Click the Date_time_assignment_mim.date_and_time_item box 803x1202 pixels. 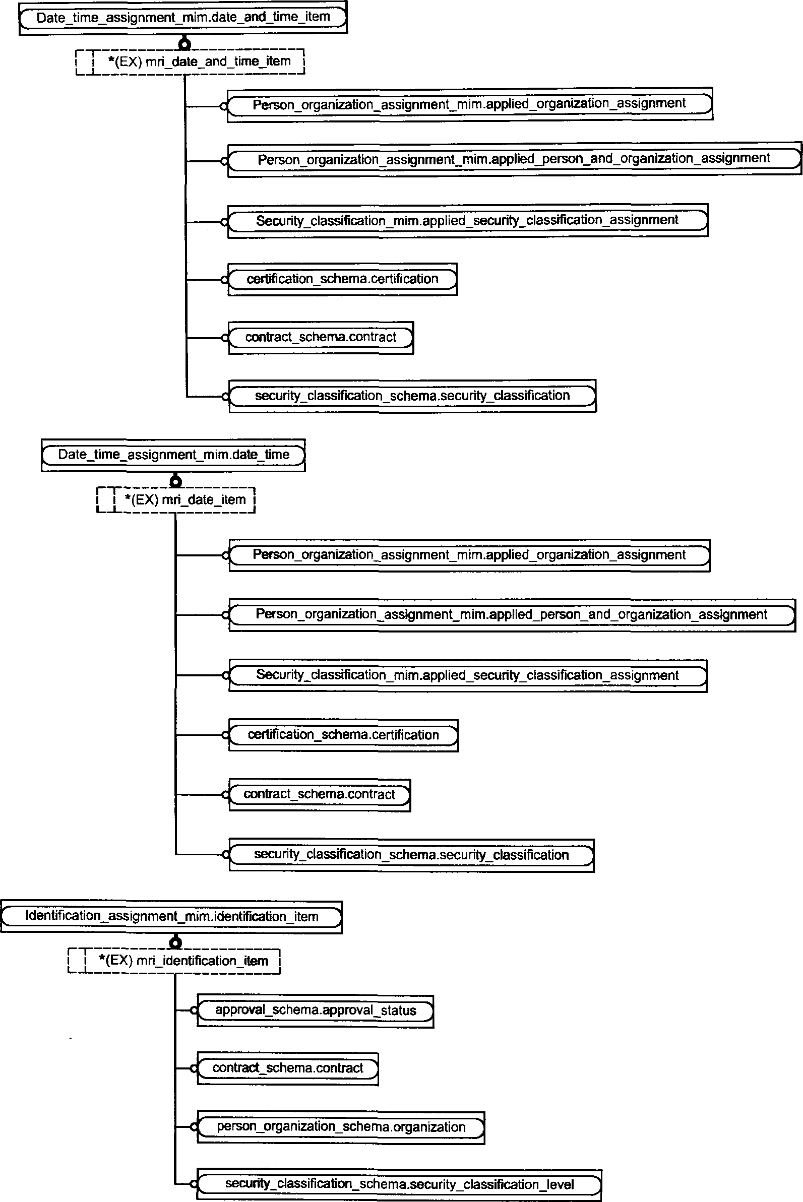(183, 18)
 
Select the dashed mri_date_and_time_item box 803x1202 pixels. (190, 62)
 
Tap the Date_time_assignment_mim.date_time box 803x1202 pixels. (173, 455)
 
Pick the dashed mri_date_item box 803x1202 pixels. (175, 499)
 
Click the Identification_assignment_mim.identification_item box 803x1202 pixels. (171, 916)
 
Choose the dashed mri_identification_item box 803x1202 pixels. (174, 961)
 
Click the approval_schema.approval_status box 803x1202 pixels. (316, 1011)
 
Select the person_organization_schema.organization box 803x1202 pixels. (341, 1127)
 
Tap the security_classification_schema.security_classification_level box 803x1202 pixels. (399, 1184)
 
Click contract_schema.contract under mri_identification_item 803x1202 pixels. (288, 1069)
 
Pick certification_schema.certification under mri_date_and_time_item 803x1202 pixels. (343, 280)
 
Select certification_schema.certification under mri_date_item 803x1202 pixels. (344, 735)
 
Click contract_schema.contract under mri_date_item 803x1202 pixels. (320, 795)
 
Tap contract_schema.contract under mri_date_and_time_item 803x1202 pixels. (321, 338)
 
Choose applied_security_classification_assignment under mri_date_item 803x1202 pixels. (468, 676)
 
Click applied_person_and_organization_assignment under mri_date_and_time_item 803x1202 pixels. (514, 160)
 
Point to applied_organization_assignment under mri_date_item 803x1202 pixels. (469, 555)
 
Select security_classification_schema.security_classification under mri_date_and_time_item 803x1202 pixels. (412, 396)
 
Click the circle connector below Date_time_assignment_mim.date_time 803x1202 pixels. (175, 481)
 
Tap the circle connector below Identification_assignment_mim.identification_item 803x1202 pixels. (175, 942)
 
